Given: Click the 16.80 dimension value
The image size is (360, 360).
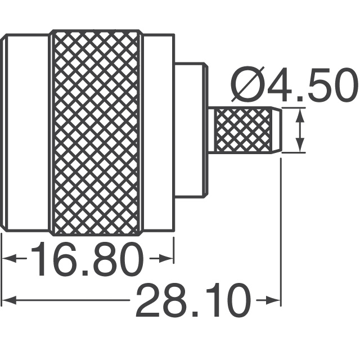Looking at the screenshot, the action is (x=87, y=259).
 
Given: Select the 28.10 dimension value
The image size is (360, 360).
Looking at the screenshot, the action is (x=192, y=300).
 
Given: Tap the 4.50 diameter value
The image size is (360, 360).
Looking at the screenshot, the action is (x=312, y=85).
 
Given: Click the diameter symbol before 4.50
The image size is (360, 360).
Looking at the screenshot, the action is (x=248, y=85).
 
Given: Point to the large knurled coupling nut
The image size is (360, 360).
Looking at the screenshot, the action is (x=96, y=133).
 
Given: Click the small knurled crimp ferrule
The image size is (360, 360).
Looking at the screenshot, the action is (x=244, y=130).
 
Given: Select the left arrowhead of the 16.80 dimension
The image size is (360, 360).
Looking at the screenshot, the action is (x=9, y=259).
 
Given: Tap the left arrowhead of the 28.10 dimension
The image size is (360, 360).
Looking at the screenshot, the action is (x=9, y=300).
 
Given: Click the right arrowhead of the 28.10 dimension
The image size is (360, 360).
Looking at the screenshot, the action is (x=273, y=300).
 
